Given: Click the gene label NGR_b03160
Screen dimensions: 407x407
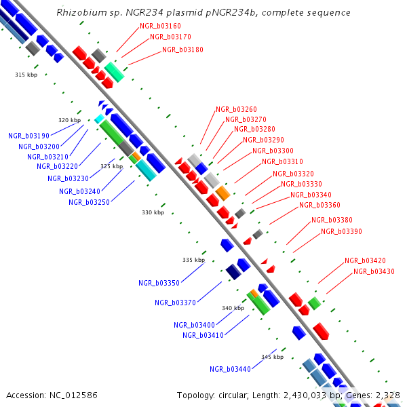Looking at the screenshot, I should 160,26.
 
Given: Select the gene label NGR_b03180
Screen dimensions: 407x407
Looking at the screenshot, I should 182,50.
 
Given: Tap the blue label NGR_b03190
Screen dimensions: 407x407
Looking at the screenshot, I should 29,136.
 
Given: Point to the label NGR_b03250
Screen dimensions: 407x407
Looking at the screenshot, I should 89,202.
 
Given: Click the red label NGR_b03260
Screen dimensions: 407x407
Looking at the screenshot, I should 236,109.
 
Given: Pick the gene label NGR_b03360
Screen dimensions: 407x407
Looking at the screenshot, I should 319,205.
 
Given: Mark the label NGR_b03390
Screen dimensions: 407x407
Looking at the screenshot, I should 341,231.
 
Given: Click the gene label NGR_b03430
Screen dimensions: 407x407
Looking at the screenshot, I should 374,271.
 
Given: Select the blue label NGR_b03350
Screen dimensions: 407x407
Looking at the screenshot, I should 159,283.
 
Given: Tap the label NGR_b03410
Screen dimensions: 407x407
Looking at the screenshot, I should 203,334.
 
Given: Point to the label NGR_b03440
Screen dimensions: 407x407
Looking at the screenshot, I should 230,369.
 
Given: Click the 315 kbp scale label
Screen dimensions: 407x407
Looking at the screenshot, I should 26,75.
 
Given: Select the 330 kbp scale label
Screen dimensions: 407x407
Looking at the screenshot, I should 153,212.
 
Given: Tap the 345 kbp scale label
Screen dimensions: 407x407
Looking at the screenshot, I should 272,357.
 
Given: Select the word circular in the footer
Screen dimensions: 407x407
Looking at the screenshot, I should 237,395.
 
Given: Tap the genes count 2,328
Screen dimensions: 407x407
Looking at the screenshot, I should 389,395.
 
